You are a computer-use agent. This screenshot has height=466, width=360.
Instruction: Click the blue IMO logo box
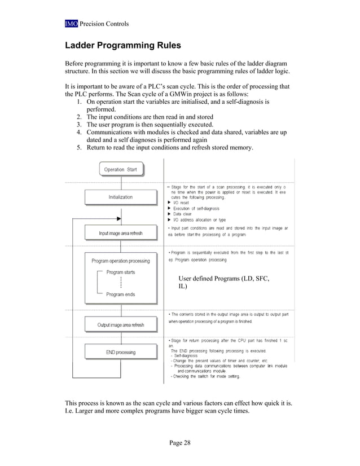click(71, 24)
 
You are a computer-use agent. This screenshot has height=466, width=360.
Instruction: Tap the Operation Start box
click(121, 169)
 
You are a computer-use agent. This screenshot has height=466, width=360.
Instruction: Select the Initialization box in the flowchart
click(120, 197)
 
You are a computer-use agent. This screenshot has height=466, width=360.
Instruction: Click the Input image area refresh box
click(120, 233)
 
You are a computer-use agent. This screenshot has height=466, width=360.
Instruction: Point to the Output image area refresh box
click(120, 325)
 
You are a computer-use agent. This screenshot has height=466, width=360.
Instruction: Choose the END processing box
click(120, 352)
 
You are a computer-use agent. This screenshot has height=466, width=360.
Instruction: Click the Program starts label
click(120, 272)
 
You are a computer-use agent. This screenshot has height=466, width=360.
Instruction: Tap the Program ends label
click(120, 294)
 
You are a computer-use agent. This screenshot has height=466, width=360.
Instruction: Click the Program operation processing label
click(121, 261)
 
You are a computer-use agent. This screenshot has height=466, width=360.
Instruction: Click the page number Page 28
click(179, 442)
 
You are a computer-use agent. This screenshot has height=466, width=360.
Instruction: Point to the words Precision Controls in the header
click(104, 24)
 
